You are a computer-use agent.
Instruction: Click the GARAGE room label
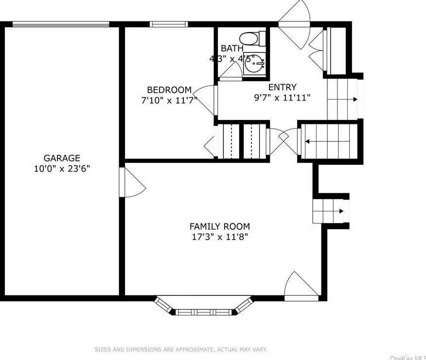point(62,158)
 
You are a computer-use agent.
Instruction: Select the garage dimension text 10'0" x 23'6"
point(62,169)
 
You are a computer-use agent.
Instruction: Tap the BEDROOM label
point(169,90)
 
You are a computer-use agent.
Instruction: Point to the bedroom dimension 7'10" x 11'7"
point(166,100)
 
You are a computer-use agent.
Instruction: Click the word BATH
point(232,49)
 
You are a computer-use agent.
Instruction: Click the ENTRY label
point(282,87)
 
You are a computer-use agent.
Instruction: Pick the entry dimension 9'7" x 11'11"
point(282,98)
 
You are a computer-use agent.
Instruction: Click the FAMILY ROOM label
point(219,226)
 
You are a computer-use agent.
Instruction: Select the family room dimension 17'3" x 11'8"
point(219,237)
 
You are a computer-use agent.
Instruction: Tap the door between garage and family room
point(133,183)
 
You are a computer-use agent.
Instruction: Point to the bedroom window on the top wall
point(169,24)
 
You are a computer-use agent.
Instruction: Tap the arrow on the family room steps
point(341,211)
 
